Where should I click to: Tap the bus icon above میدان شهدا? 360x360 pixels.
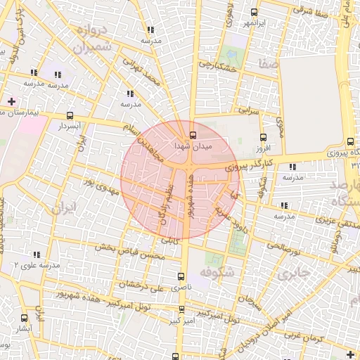(193, 135)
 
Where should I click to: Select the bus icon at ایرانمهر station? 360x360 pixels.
(254, 12)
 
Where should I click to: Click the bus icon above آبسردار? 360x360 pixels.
(69, 115)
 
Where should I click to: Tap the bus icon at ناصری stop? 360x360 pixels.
(182, 276)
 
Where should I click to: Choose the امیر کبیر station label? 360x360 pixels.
(182, 321)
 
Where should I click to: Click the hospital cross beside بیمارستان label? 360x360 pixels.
(11, 102)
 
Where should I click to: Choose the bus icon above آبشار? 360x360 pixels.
(25, 318)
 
